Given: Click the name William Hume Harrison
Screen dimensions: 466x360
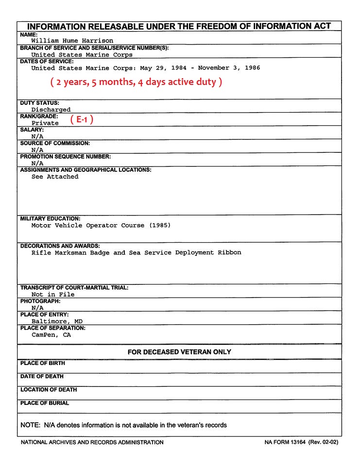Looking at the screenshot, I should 72,41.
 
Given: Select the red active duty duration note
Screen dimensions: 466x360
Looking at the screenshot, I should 136,82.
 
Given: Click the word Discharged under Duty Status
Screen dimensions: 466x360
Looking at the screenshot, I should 51,110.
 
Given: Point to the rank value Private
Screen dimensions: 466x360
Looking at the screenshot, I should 45,123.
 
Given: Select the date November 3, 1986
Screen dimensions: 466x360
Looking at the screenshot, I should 229,68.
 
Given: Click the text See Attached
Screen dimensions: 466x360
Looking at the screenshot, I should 55,177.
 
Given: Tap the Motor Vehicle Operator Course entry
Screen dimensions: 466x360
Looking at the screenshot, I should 101,225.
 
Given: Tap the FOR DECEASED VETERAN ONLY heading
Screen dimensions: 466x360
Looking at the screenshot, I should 179,351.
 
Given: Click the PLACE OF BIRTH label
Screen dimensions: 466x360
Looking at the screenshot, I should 43,363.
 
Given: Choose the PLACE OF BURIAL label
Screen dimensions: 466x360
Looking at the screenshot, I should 45,403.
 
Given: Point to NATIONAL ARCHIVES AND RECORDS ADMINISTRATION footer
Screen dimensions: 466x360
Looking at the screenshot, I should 92,442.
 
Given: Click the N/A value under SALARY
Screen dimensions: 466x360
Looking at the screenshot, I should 37,136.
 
